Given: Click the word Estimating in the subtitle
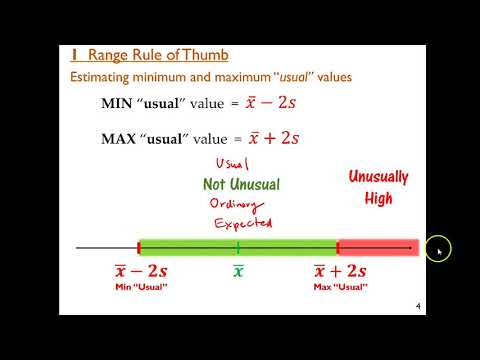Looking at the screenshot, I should pyautogui.click(x=99, y=76).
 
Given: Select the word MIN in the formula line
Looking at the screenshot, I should pyautogui.click(x=117, y=104).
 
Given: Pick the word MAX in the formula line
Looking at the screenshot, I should pyautogui.click(x=119, y=138).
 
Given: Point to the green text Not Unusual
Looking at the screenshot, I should pyautogui.click(x=241, y=184).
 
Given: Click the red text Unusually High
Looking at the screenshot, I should pyautogui.click(x=378, y=187).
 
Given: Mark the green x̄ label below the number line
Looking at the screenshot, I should pyautogui.click(x=238, y=272).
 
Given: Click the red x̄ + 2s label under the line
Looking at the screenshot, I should pyautogui.click(x=340, y=272).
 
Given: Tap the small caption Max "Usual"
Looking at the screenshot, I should pyautogui.click(x=340, y=288).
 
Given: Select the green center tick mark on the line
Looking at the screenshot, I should pyautogui.click(x=238, y=247).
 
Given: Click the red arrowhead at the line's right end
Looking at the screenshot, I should pyautogui.click(x=407, y=247).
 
